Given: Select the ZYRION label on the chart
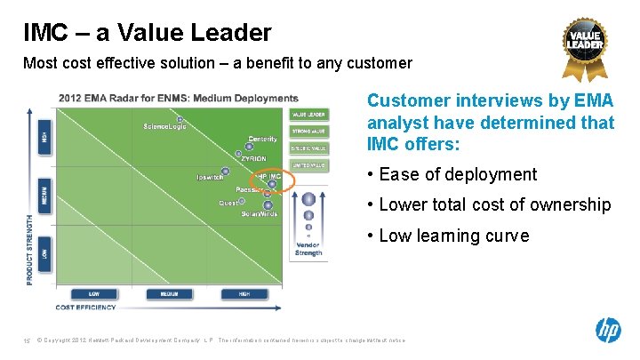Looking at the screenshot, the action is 253,159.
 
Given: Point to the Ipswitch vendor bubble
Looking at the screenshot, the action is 226,171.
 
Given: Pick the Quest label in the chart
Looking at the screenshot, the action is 228,204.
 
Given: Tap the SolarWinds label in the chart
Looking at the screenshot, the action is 260,214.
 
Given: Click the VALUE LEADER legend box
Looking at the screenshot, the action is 308,115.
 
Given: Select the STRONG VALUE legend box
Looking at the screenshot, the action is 308,132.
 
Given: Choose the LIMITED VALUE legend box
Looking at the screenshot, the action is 308,165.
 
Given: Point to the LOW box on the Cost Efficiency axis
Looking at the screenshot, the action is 93,294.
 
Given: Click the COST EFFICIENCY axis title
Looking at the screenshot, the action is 85,308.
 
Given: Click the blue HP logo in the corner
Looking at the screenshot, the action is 608,331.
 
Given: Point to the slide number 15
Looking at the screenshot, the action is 27,341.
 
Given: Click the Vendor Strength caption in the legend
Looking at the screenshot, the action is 308,249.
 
